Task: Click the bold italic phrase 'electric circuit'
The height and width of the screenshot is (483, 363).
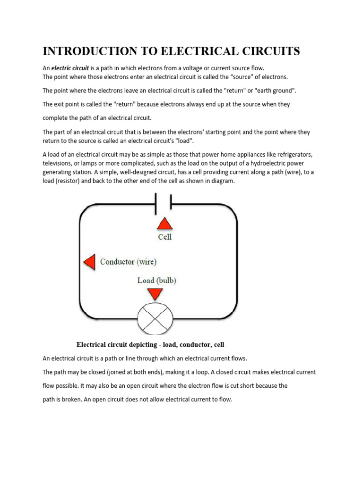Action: click(x=70, y=68)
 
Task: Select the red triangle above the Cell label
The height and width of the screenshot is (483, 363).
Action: click(x=164, y=224)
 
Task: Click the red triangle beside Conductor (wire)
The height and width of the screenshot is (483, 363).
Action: click(x=89, y=261)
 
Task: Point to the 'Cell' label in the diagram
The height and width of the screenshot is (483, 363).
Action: click(x=164, y=237)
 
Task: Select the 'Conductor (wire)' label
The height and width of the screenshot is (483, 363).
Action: click(x=128, y=262)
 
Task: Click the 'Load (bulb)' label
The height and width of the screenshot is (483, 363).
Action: click(x=156, y=280)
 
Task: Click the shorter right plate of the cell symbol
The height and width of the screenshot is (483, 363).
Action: click(x=171, y=201)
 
